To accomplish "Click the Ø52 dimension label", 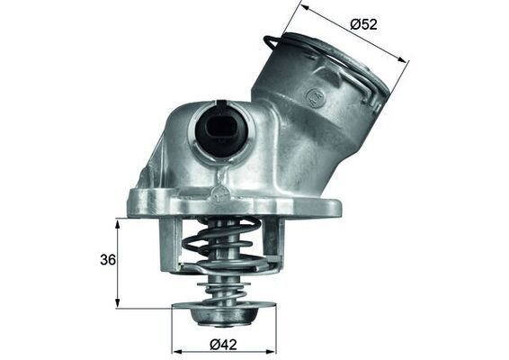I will pyautogui.click(x=363, y=23).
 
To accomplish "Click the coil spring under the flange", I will pyautogui.click(x=224, y=247).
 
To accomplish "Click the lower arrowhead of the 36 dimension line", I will pyautogui.click(x=118, y=305).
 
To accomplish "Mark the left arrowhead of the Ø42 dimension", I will pyautogui.click(x=174, y=349).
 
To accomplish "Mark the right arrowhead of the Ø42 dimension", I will pyautogui.click(x=278, y=349).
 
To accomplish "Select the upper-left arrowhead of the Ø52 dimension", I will pyautogui.click(x=304, y=7).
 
